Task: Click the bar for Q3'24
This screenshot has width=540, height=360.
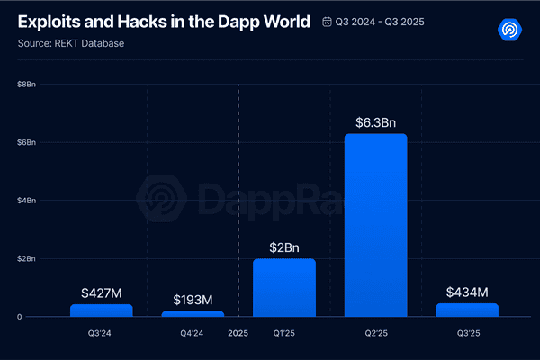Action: pos(101,310)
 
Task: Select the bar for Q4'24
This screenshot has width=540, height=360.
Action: pos(193,313)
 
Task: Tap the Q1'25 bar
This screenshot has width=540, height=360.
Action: pos(284,288)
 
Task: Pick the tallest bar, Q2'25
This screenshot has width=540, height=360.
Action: pos(375,225)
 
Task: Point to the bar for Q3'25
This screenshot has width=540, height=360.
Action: pos(467,310)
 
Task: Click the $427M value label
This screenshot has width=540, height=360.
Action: pos(101,292)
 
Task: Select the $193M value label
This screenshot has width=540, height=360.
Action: pos(193,300)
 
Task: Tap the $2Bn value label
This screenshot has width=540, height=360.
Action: pos(284,247)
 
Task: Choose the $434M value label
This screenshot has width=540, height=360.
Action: pos(467,292)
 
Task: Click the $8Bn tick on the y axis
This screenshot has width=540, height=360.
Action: pos(27,85)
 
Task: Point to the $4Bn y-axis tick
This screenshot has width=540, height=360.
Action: pos(27,201)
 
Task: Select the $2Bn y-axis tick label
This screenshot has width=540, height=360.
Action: pos(27,258)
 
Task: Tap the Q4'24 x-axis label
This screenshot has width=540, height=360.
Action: pos(193,332)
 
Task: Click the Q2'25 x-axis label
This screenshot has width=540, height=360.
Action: pos(375,332)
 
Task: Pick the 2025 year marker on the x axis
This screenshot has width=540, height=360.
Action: pos(238,332)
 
